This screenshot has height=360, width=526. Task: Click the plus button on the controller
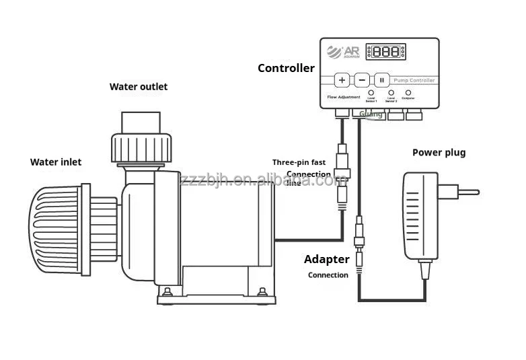click(342, 80)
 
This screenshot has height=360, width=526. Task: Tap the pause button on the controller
click(381, 80)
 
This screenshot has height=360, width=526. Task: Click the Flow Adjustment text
click(343, 98)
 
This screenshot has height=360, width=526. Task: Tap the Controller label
click(286, 68)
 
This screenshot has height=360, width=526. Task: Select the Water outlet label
click(139, 87)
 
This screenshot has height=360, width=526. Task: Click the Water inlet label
click(56, 161)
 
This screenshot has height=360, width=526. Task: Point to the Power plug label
click(439, 153)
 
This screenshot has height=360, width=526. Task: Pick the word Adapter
click(327, 259)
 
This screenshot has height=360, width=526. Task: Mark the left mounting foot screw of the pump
click(165, 291)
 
